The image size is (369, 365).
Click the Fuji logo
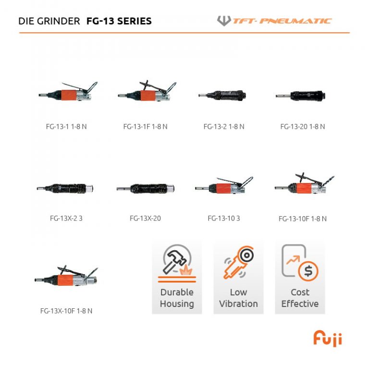(328, 338)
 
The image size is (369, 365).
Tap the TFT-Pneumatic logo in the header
(274, 21)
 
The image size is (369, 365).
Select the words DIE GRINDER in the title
(49, 21)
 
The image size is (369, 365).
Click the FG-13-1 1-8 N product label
(66, 127)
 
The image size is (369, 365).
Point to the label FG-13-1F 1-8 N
(145, 127)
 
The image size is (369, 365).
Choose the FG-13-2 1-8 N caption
(224, 127)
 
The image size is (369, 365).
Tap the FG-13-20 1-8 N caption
(303, 127)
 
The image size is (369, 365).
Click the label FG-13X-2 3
(66, 219)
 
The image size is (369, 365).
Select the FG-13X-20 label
(145, 219)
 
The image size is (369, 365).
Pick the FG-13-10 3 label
(224, 219)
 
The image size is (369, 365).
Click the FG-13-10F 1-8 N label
(303, 219)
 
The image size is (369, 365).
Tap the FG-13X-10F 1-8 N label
(66, 311)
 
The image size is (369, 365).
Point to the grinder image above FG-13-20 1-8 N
(301, 96)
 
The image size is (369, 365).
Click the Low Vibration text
(238, 298)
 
